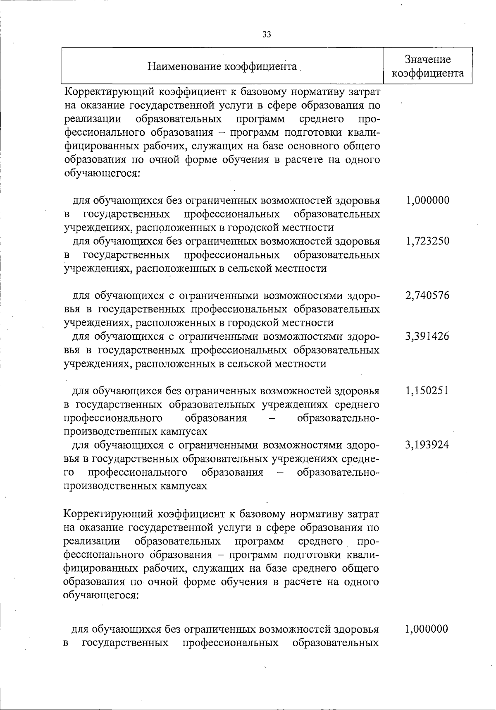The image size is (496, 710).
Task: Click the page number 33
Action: pyautogui.click(x=267, y=35)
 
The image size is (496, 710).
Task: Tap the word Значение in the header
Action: pyautogui.click(x=427, y=60)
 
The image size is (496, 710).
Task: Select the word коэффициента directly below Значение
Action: pyautogui.click(x=427, y=74)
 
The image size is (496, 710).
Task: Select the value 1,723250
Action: pyautogui.click(x=427, y=241)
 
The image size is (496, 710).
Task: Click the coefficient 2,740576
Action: pyautogui.click(x=427, y=295)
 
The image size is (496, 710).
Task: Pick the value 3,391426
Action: pyautogui.click(x=427, y=336)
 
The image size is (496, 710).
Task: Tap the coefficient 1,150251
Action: pyautogui.click(x=427, y=391)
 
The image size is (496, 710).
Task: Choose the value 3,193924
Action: pyautogui.click(x=427, y=445)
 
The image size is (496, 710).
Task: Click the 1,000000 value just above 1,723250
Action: pyautogui.click(x=427, y=201)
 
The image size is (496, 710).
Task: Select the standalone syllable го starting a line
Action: pyautogui.click(x=69, y=473)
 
